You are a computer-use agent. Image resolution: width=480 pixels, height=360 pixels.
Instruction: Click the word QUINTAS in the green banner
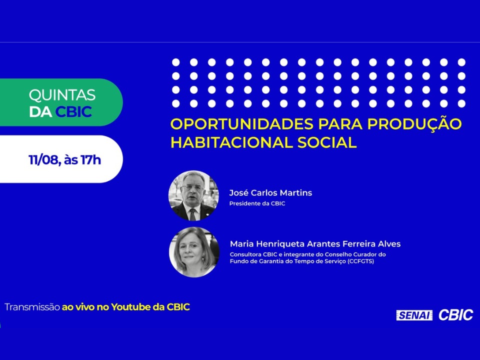click(62, 95)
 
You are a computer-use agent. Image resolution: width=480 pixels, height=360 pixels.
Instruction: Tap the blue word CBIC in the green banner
click(73, 111)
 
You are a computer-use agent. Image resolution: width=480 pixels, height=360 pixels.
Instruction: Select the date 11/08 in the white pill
click(43, 160)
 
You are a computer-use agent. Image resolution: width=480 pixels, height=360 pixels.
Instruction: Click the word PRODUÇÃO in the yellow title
click(414, 122)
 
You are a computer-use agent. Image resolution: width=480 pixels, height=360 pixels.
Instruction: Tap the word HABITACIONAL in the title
click(231, 142)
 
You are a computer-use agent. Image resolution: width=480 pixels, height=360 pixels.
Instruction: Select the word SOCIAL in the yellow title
click(327, 142)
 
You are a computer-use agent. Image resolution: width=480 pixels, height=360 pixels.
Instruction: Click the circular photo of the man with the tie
click(193, 195)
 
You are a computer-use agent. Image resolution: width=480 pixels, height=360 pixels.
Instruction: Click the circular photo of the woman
click(194, 252)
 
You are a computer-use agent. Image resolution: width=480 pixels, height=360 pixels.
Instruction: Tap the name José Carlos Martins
click(270, 193)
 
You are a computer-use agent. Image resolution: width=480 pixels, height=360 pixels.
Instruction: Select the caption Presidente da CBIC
click(257, 203)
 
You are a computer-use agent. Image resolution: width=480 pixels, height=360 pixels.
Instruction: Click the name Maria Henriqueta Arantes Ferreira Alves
click(315, 244)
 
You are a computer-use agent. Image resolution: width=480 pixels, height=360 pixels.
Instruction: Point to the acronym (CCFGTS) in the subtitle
click(360, 261)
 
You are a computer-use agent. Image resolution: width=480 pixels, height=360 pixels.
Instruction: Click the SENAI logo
click(414, 315)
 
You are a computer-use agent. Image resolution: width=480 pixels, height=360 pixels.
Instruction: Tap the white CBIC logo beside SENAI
click(455, 315)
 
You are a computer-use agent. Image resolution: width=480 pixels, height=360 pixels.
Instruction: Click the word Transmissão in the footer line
click(32, 307)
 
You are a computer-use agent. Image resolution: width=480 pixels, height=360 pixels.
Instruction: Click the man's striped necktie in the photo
click(192, 214)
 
